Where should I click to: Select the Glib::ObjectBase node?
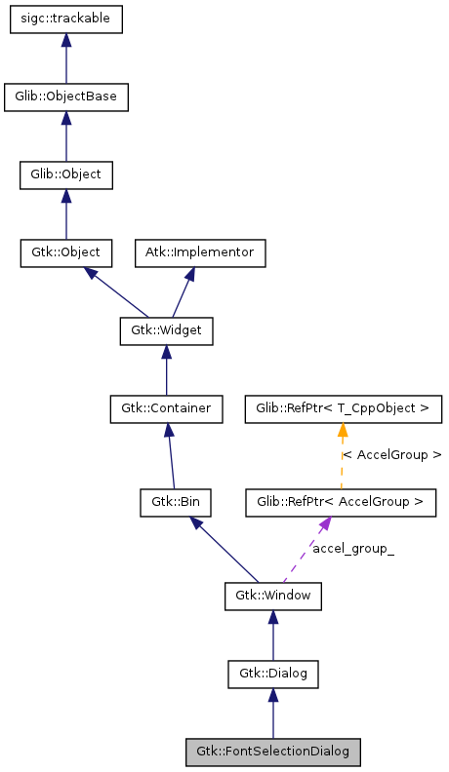tap(65, 97)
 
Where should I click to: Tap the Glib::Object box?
tap(65, 175)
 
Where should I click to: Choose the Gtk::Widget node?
tap(166, 330)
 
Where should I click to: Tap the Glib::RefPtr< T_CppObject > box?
tap(343, 407)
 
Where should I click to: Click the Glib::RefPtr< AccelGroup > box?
tap(341, 502)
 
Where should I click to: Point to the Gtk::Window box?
tap(273, 595)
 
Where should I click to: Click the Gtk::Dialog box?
tap(273, 673)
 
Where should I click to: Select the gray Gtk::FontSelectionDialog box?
tap(273, 752)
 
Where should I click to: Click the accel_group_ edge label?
tap(353, 549)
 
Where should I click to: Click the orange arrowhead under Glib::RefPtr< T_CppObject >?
tap(343, 430)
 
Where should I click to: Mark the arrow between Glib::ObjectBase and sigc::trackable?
tap(65, 59)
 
